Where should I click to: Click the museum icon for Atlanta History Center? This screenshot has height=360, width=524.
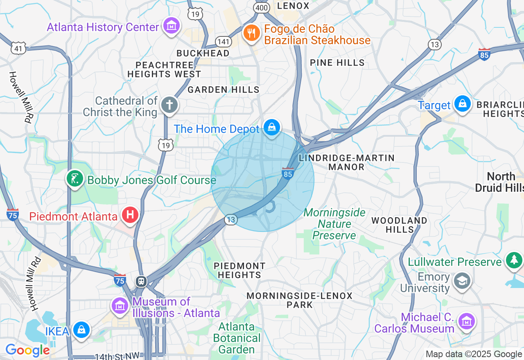coord(172,26)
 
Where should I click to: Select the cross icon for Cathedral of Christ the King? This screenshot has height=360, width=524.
coord(169,105)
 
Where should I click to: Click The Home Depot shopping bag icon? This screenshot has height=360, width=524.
coord(271,127)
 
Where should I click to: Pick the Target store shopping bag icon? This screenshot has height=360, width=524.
coord(462,104)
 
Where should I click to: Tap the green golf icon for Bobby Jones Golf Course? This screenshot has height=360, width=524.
coord(75,179)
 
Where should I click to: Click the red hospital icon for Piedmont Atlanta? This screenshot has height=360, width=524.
coord(131,214)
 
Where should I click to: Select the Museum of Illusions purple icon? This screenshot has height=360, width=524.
coord(120,306)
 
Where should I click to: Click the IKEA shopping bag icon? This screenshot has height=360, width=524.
coord(81,330)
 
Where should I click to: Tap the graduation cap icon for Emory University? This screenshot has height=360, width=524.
coord(462,281)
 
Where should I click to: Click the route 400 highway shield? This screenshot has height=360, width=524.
coord(261,7)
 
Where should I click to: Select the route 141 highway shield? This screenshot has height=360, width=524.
coord(224,41)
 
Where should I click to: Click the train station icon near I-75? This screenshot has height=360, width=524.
coord(141,281)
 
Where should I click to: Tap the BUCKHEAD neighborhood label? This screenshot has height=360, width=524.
coord(203,54)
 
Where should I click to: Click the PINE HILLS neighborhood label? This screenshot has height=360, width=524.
coord(337,63)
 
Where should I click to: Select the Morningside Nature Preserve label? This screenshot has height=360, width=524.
coord(334,224)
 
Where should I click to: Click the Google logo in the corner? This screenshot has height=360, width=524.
coord(27,350)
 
